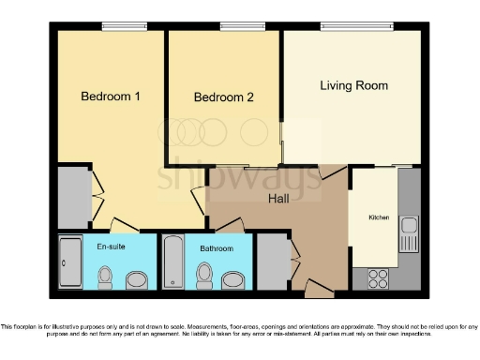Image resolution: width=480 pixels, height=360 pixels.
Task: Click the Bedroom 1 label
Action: point(111,96)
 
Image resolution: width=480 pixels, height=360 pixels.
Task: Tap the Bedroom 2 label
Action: point(224,97)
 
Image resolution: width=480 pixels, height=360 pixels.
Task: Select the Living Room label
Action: point(353,85)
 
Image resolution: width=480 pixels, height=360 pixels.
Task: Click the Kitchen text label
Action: point(379,217)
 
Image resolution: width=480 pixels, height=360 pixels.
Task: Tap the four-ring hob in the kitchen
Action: point(378,277)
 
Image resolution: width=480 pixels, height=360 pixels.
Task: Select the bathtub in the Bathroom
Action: point(173,262)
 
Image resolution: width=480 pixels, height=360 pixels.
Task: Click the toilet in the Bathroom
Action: point(203,275)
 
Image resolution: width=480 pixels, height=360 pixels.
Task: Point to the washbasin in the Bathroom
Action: point(232,277)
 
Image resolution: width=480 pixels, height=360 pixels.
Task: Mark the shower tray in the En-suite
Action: point(70,262)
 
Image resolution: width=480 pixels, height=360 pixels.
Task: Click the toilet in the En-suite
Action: point(106,277)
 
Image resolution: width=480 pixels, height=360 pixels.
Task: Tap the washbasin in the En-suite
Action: point(137,279)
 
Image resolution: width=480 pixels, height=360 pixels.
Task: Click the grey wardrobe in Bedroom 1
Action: point(73,198)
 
